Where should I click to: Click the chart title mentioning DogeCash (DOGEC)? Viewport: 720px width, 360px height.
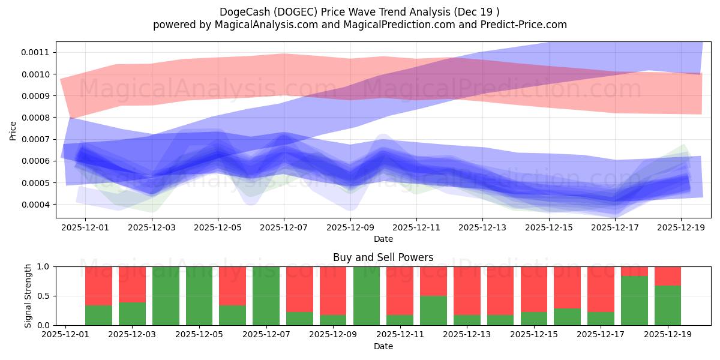coord(359,11)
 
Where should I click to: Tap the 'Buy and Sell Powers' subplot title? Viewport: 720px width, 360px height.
coord(383,257)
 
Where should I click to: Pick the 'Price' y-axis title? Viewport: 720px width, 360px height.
coord(13,130)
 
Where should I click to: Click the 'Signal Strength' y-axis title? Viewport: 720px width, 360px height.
coord(29,296)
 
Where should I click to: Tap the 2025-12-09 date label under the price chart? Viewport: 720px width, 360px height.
coord(350,227)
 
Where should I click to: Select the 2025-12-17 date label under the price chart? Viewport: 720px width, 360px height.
coord(615,227)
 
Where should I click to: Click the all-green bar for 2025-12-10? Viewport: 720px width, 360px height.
coord(367,296)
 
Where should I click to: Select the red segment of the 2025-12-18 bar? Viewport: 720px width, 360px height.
coord(634,271)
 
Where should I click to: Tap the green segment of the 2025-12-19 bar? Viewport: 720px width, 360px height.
coord(668,305)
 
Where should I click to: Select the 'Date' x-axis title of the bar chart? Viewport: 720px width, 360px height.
coord(383,346)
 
